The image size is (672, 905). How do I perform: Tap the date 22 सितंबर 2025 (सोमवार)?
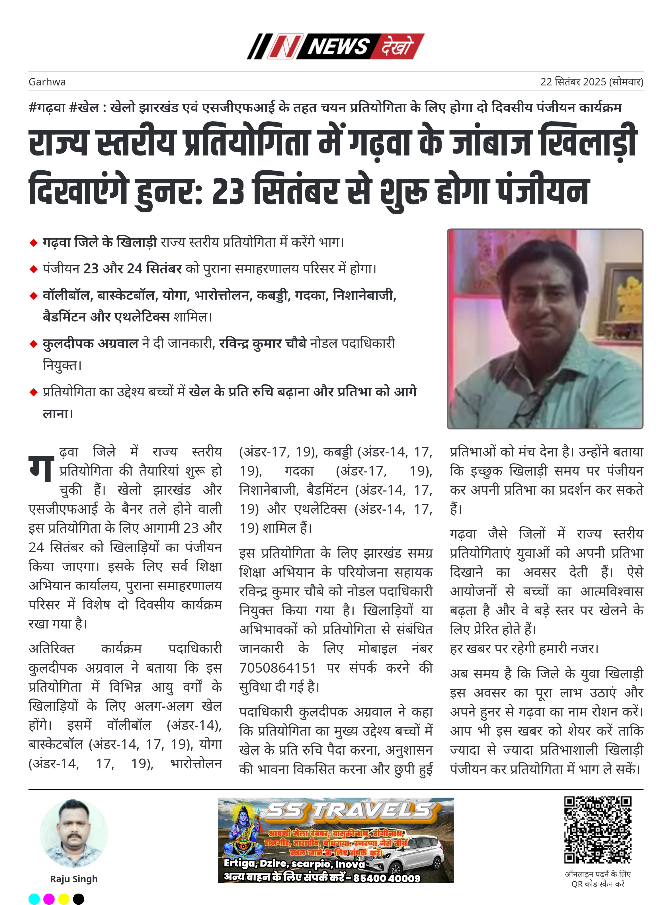(x=591, y=82)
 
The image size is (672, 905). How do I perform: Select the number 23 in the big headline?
(x=227, y=191)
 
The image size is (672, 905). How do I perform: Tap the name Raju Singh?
(x=74, y=879)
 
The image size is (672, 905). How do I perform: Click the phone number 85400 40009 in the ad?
(x=386, y=878)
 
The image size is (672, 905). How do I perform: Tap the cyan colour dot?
(x=34, y=898)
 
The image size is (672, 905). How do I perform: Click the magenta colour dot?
(x=49, y=898)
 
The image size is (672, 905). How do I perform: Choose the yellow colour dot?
(x=64, y=898)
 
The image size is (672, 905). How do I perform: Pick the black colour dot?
(x=79, y=898)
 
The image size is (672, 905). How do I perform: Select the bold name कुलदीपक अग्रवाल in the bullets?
(x=90, y=344)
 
